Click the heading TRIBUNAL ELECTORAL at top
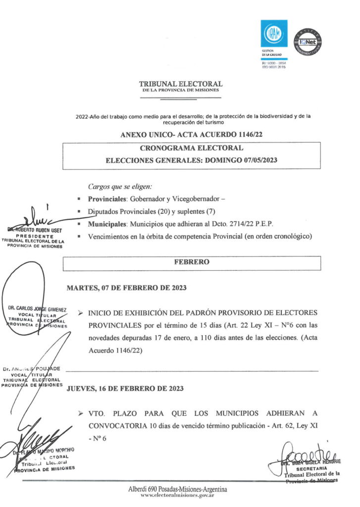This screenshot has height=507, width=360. (x=181, y=84)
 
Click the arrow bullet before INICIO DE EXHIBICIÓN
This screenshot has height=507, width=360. (x=80, y=313)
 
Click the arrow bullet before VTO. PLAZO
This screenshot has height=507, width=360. (x=80, y=413)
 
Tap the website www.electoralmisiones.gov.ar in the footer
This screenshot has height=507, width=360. (x=177, y=495)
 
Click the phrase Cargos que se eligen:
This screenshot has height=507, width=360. (x=120, y=187)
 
